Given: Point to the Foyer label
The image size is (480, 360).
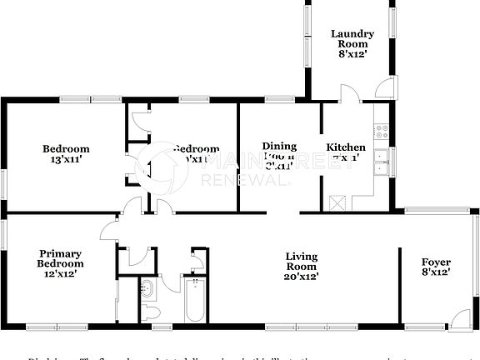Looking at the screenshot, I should (436, 262).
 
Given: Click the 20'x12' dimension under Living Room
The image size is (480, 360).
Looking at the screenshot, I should (302, 276).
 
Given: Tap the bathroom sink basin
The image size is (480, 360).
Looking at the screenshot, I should (147, 289).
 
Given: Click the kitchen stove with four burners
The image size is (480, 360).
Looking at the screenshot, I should (382, 130).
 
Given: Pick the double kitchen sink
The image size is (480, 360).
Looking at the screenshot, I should (382, 162).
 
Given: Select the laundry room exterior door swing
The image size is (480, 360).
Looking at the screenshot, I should (386, 87).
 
